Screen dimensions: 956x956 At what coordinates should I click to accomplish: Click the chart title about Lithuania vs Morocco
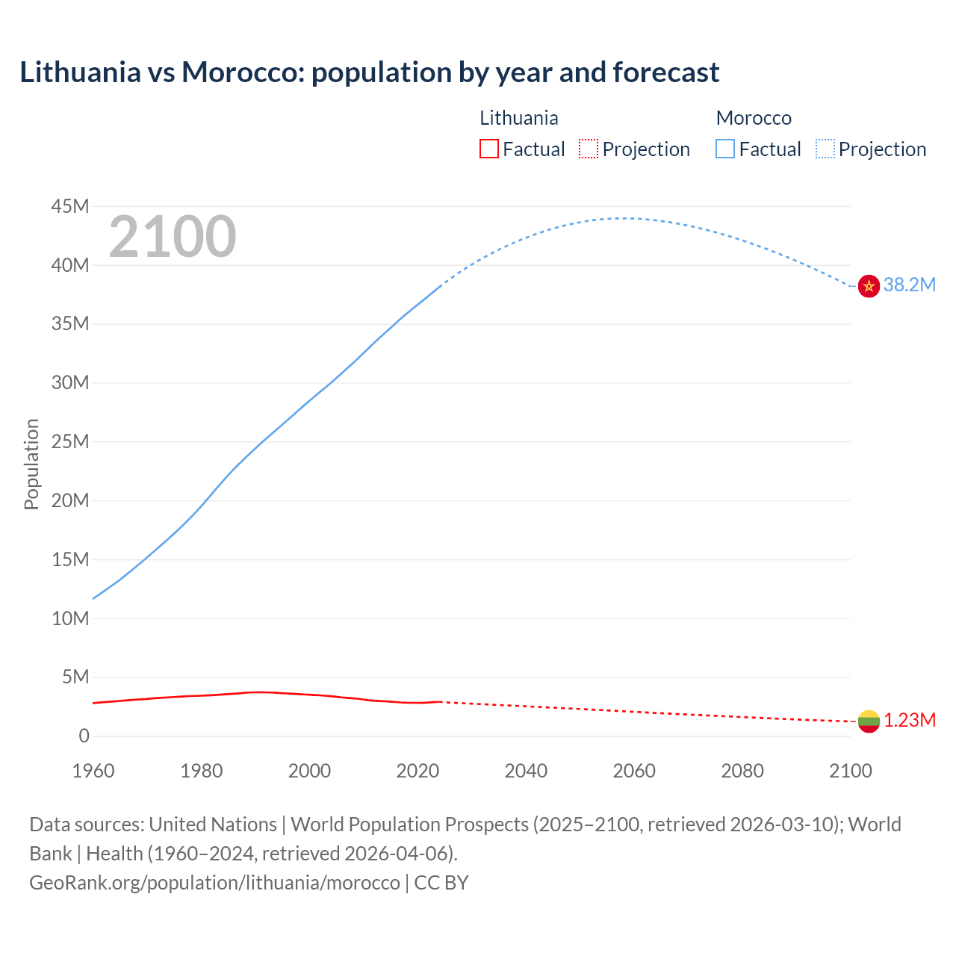369,72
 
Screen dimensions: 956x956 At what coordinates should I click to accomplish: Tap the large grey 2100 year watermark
173,237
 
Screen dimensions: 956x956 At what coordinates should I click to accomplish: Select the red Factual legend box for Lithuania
488,149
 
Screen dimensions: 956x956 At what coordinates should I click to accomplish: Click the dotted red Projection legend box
589,149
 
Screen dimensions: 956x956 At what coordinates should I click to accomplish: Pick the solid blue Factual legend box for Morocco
724,149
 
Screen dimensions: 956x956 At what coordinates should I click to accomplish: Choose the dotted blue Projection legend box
825,149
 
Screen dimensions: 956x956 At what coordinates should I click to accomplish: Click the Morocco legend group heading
754,118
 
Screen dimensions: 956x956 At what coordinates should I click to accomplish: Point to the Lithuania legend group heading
518,118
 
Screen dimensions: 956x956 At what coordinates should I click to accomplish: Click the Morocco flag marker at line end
869,285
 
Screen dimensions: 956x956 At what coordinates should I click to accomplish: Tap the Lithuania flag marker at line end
869,721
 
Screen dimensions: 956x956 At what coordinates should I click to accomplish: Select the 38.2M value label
909,285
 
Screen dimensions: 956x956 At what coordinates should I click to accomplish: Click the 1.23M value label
909,720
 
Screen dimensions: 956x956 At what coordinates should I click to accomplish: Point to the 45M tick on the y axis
70,206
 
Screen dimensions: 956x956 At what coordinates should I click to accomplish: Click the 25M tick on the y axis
70,441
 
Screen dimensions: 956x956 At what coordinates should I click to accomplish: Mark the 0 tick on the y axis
84,736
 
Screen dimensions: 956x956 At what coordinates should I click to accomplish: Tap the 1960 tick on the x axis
93,771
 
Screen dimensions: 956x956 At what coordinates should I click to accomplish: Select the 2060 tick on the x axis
634,771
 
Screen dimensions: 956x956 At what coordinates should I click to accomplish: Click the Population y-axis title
31,464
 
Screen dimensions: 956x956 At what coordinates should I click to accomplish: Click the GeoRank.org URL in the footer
214,883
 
